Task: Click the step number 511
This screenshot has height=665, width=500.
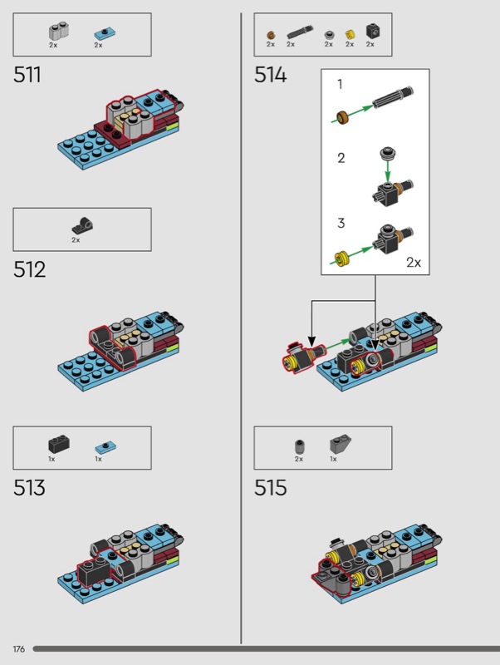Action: [27, 75]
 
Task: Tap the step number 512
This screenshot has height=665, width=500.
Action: [29, 269]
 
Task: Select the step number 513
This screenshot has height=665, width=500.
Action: [29, 488]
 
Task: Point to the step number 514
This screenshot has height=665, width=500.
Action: [271, 75]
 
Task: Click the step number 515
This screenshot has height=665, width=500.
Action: [271, 488]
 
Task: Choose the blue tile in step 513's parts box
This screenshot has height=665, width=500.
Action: [101, 446]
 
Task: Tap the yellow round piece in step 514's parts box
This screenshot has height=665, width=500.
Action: [350, 34]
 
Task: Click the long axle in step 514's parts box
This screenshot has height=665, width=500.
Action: [297, 33]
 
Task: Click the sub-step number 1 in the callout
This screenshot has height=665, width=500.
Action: [339, 84]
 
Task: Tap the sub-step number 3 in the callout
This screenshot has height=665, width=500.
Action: [340, 224]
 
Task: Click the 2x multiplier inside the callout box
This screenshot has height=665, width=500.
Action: [414, 262]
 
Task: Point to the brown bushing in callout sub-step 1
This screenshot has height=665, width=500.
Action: [340, 118]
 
